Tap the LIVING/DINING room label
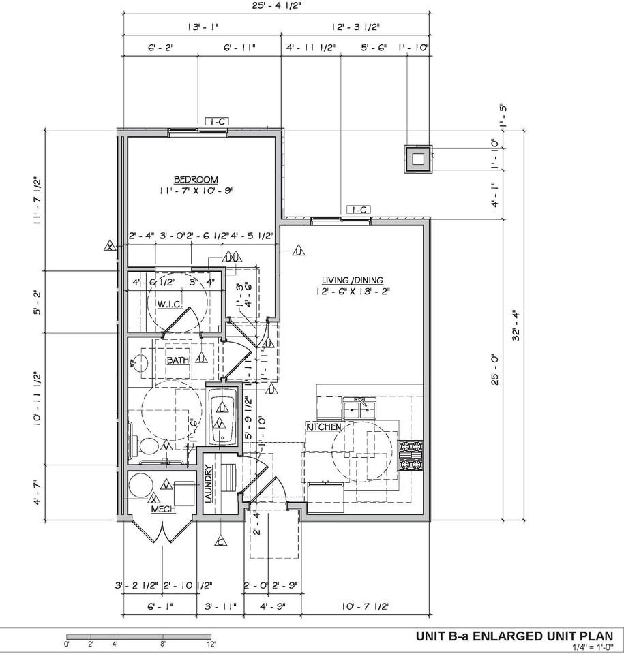click(x=353, y=280)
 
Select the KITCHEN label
click(x=323, y=426)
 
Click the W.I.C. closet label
click(x=169, y=305)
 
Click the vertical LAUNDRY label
click(x=209, y=484)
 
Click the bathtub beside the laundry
click(x=222, y=419)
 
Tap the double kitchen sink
click(x=361, y=409)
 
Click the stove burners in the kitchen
click(x=411, y=456)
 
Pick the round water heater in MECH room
click(x=141, y=486)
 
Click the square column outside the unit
click(x=418, y=160)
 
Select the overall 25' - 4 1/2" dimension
click(x=276, y=7)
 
